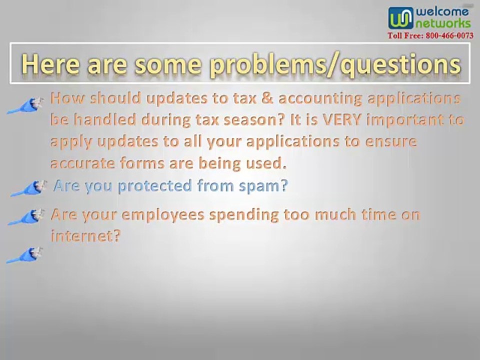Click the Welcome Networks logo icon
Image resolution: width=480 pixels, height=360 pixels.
tap(400, 18)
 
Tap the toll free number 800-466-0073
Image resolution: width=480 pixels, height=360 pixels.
tap(449, 36)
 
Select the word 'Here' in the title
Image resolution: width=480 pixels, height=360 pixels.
tap(50, 63)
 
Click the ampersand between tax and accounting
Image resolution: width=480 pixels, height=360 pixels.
tap(267, 98)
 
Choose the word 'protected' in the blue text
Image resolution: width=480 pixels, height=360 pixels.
tap(155, 186)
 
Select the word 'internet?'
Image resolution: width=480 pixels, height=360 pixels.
tap(85, 235)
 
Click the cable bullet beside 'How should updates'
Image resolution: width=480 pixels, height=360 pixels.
tap(25, 105)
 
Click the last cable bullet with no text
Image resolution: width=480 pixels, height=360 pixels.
tap(24, 255)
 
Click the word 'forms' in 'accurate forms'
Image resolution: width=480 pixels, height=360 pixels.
tap(142, 163)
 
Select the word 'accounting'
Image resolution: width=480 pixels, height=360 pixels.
tap(320, 99)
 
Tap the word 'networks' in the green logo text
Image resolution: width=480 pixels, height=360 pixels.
tap(442, 23)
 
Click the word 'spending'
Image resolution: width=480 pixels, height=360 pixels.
tap(244, 215)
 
